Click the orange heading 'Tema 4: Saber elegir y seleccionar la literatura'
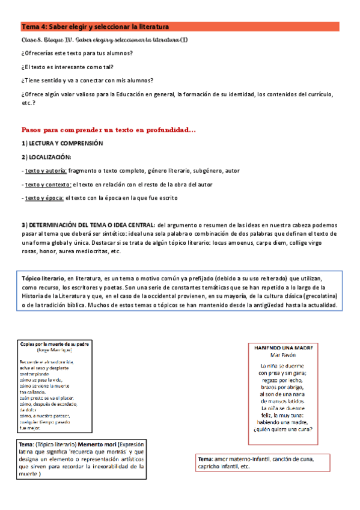95,26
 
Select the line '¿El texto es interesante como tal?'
67,67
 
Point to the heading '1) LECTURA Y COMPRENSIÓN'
63,144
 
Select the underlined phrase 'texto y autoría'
46,171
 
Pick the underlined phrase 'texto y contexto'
47,184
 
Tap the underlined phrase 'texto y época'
44,197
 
